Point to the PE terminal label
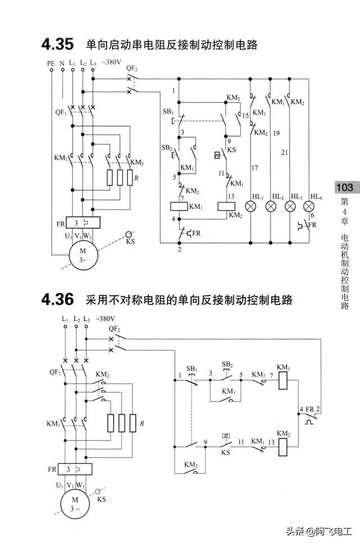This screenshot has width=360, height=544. [51, 64]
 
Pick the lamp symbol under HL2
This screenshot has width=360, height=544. [271, 206]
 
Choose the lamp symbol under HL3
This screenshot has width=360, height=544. [290, 206]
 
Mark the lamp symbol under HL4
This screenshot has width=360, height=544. [309, 206]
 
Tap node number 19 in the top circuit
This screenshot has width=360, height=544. [276, 134]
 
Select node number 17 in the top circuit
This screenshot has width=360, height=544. [255, 168]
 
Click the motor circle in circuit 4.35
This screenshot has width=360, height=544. [83, 255]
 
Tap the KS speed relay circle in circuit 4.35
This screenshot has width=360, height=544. [130, 233]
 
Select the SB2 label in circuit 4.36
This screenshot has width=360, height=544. [227, 365]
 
